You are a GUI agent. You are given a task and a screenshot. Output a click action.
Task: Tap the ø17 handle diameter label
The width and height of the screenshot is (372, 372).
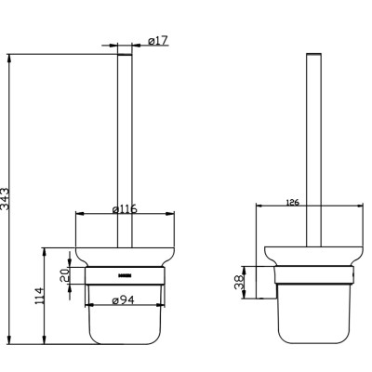157,40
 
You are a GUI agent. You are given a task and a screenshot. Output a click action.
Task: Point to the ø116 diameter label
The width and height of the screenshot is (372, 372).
125,209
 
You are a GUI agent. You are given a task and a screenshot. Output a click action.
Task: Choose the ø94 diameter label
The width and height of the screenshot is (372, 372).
126,299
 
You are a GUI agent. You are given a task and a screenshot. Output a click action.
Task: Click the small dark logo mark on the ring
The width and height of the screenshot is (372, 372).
126,275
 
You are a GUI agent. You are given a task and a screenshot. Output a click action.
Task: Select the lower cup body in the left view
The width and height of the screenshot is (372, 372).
126,321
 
